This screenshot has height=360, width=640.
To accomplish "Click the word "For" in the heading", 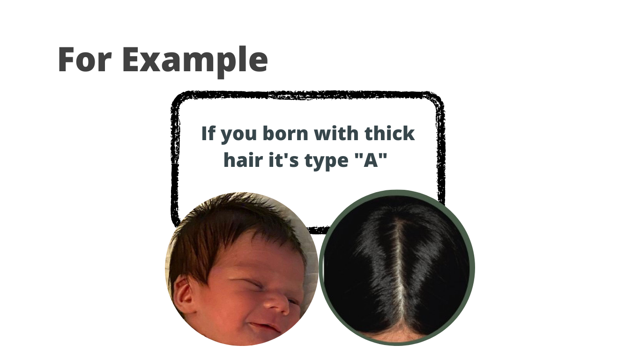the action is click(85, 59).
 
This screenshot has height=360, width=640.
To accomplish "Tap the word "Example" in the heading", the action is click(195, 61).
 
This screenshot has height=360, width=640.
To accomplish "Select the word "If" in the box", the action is click(208, 133).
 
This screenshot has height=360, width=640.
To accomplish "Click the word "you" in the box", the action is click(239, 135).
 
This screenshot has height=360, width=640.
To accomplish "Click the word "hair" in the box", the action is click(243, 159).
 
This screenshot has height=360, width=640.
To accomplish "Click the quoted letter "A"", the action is click(371, 160).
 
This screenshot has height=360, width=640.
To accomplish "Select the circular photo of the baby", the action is click(242, 269).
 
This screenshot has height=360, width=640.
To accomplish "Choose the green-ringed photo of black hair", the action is click(397, 268).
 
